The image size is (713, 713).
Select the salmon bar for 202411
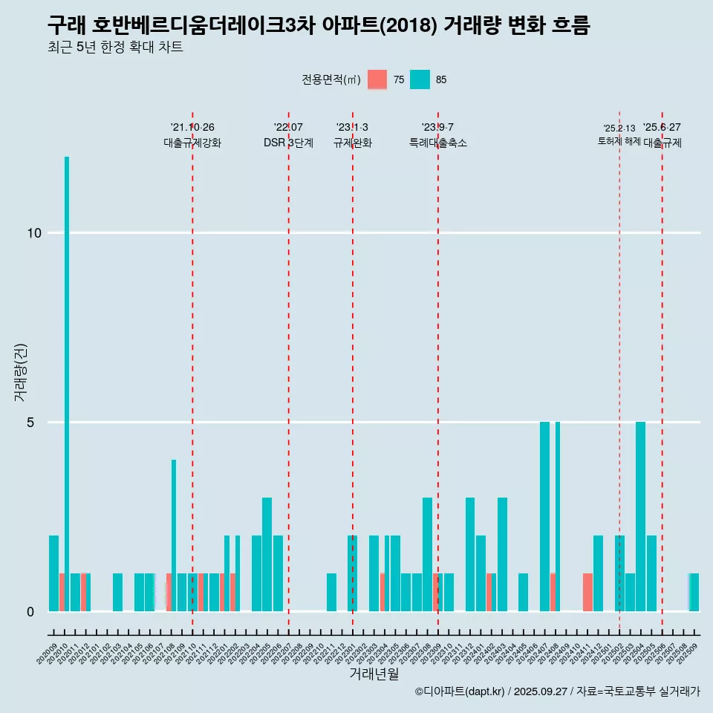587,592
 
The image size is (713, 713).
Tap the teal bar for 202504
640,516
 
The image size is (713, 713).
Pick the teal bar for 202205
267,554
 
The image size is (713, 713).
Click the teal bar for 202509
694,592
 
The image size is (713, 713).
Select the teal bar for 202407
544,516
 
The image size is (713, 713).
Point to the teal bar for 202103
117,592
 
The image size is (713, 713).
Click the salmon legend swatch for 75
377,79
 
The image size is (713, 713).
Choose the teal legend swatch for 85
420,79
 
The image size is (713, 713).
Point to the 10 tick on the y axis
33,233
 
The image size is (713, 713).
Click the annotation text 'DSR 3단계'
288,143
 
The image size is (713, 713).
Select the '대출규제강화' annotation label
192,143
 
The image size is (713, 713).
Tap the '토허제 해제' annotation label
619,141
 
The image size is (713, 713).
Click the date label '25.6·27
662,128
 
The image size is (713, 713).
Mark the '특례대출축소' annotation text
437,143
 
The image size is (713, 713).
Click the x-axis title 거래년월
374,674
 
